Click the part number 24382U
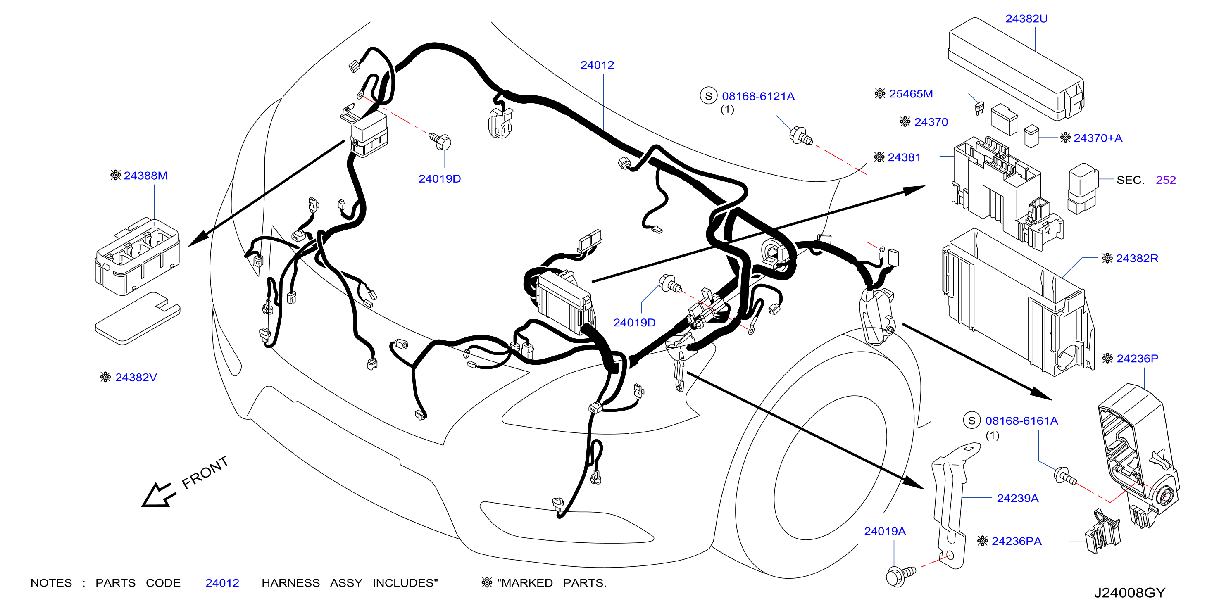(1026, 19)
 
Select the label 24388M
(146, 176)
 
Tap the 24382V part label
(136, 378)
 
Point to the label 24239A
(1017, 498)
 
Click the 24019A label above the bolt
(885, 531)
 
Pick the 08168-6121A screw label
(758, 97)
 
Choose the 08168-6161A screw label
(1021, 421)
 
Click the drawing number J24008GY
(1130, 593)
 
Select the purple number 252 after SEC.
(1166, 180)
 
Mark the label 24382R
(1137, 258)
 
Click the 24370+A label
(1098, 138)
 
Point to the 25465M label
(911, 94)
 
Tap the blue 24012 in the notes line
(222, 583)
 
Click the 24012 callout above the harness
(597, 65)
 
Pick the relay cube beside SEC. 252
(1083, 189)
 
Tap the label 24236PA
(1017, 541)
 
